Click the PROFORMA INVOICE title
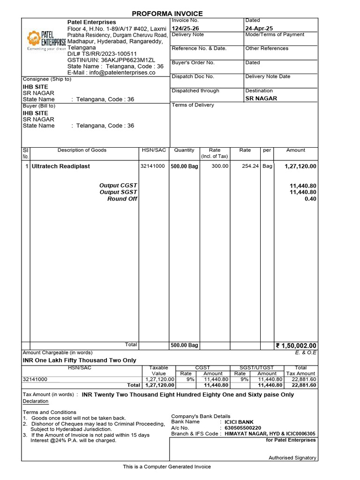[167, 14]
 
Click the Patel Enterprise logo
[46, 39]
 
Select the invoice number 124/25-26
[185, 29]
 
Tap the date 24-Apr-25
[259, 29]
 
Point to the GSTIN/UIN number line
[111, 60]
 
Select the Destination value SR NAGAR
[261, 98]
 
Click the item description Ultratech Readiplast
[60, 166]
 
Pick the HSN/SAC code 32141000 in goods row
[152, 166]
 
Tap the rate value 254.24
[250, 166]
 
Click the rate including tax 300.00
[220, 166]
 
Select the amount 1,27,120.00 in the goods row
[300, 166]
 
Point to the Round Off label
[122, 199]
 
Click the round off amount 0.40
[310, 199]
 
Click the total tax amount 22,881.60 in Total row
[304, 385]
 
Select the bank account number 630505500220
[243, 428]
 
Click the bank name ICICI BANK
[240, 422]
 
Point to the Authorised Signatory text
[292, 458]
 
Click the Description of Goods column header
[82, 150]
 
